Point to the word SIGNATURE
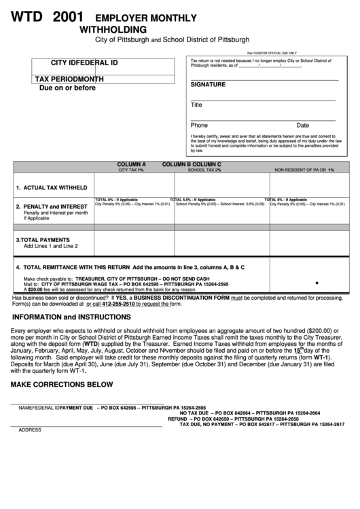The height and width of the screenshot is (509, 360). pyautogui.click(x=208, y=85)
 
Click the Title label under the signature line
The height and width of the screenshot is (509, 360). pyautogui.click(x=196, y=105)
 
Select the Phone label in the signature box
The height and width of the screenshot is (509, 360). pyautogui.click(x=199, y=125)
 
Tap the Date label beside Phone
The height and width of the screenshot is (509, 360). pyautogui.click(x=303, y=125)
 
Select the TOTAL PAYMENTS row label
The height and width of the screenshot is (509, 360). pyautogui.click(x=43, y=240)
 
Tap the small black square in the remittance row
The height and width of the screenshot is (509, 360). pyautogui.click(x=317, y=282)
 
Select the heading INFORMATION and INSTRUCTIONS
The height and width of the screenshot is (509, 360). pyautogui.click(x=71, y=317)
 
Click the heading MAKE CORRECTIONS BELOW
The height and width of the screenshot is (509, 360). pyautogui.click(x=61, y=384)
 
